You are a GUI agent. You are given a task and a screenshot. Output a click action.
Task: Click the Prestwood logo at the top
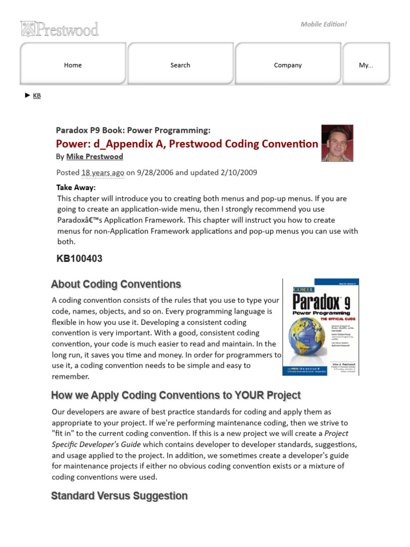(x=59, y=29)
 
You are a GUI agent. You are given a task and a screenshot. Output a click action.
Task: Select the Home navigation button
(x=73, y=65)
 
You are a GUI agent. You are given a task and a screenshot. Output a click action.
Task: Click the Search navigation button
(x=180, y=65)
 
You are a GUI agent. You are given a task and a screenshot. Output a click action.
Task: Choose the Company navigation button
(x=288, y=65)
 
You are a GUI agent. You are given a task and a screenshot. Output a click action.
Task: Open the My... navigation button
(x=366, y=65)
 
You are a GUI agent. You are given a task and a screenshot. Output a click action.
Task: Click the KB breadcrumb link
(x=37, y=96)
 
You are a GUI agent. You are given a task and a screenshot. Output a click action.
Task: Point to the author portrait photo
(x=337, y=143)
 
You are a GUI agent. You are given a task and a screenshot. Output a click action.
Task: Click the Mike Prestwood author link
(x=94, y=157)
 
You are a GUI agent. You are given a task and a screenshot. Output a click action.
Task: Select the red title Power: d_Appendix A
(x=187, y=144)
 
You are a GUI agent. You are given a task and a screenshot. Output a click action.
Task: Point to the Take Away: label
(x=76, y=187)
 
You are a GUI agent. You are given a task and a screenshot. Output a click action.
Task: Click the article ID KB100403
(x=80, y=259)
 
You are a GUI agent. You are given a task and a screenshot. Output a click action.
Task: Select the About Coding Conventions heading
(x=116, y=284)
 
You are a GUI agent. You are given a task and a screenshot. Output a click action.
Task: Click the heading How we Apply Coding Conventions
(x=176, y=395)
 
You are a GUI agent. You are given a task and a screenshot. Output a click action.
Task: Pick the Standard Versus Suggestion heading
(x=119, y=496)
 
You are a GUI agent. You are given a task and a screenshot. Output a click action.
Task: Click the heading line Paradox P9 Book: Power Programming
(x=133, y=130)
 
